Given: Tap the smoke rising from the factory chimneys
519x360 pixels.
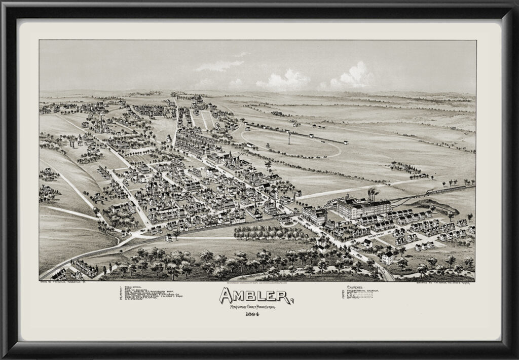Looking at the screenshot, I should click(x=372, y=193).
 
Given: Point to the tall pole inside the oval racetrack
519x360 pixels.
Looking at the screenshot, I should click(x=289, y=137).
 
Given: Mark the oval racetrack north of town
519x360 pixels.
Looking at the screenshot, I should click(x=291, y=143).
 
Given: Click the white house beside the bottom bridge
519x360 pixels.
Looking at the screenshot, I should click(x=388, y=258).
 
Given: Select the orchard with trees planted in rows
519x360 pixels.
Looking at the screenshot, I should click(x=269, y=232).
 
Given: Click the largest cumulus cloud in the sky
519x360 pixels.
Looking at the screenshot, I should click(x=355, y=76).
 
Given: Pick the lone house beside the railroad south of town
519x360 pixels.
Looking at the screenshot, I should click(x=168, y=237).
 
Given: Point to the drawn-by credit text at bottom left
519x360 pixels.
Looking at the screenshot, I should click(x=68, y=284).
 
